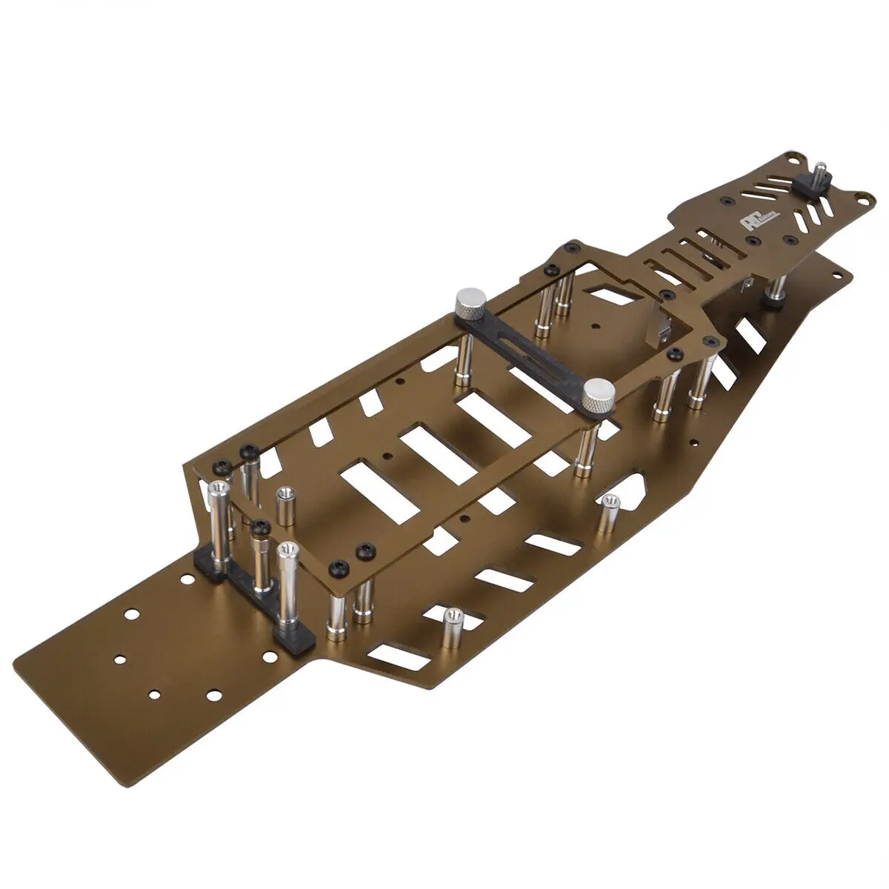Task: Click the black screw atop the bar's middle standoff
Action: click(259, 527)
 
